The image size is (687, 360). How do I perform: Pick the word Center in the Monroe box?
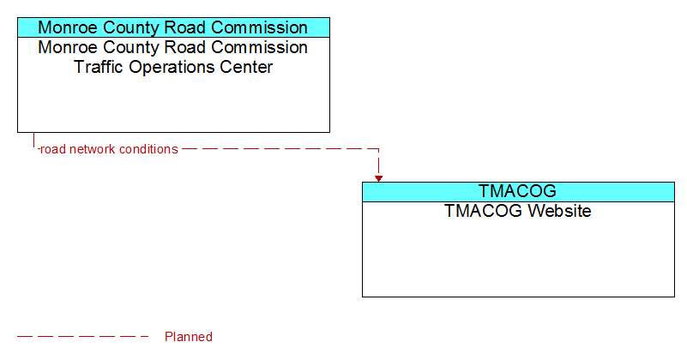click(246, 67)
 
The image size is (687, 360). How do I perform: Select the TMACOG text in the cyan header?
click(517, 191)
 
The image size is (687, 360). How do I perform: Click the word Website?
click(559, 211)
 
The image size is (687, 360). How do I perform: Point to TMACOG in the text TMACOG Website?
click(484, 211)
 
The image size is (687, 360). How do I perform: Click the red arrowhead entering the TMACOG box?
click(378, 178)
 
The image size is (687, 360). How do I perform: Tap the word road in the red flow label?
click(53, 149)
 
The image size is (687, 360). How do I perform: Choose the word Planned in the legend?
click(189, 337)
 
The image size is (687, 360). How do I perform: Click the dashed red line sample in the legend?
click(83, 336)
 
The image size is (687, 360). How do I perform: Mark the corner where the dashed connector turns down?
click(378, 149)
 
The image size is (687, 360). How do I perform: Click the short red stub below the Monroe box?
click(33, 140)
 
